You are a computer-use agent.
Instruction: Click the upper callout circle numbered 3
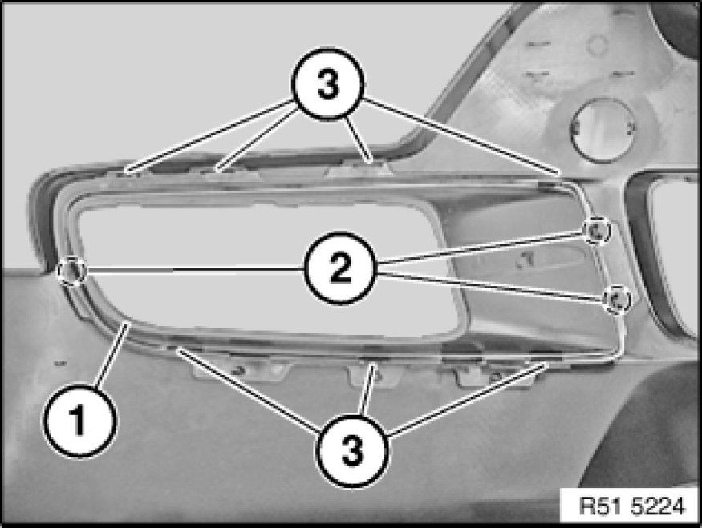coord(328,83)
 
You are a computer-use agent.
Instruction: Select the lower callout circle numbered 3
coord(352,450)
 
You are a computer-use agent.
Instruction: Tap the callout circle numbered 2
coord(339,268)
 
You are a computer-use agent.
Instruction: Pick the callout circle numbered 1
coord(79,421)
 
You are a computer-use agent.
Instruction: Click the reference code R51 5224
coord(632,506)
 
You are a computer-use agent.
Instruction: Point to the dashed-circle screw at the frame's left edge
coord(72,271)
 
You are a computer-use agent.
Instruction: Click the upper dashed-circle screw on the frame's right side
coord(597,231)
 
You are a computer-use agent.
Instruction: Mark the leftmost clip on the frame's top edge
coord(128,171)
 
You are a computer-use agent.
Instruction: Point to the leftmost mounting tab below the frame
coord(241,369)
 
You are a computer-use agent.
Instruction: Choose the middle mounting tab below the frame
coord(374,373)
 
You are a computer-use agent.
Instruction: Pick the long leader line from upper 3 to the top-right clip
coord(461,135)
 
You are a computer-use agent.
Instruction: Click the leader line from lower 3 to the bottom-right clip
coord(467,399)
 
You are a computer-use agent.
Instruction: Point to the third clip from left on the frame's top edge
coord(368,164)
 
